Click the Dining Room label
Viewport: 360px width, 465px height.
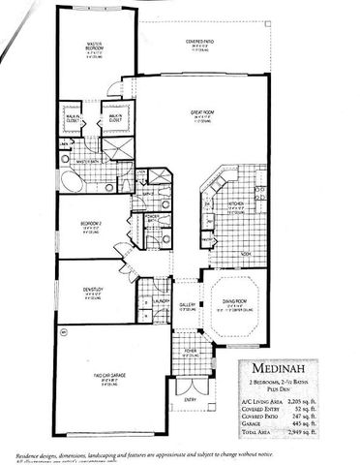point(229,302)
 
